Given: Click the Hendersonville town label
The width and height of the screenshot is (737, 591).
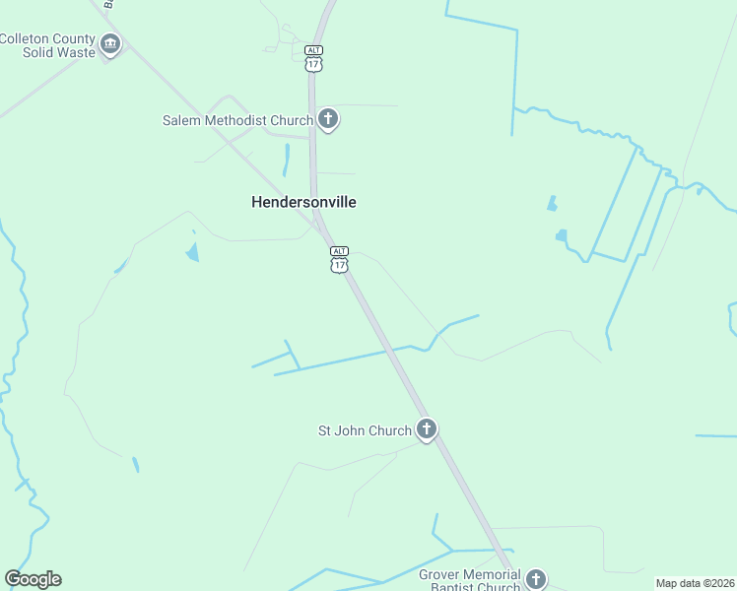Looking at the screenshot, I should point(302,202).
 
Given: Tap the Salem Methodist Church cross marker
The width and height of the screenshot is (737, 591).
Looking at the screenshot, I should point(328,120).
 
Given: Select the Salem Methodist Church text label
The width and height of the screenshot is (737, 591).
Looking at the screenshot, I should point(237,120).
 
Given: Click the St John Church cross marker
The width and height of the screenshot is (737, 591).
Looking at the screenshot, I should point(426,429).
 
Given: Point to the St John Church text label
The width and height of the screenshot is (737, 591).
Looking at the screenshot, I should point(364,430).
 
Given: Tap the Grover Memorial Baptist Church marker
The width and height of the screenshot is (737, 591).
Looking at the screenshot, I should point(535,578).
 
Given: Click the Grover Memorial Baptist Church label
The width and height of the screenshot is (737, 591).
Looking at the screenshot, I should point(469,580).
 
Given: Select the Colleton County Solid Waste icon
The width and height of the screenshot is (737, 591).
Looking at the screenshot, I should point(110,44).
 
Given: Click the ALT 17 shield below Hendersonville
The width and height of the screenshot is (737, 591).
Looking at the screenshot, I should point(339,260).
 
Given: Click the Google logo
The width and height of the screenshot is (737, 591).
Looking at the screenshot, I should point(33,579).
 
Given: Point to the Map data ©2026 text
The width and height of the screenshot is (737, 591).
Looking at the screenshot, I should point(695,583).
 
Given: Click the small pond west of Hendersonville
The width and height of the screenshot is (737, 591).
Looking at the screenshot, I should point(191,252).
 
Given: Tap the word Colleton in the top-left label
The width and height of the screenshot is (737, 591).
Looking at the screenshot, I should point(29,38).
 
